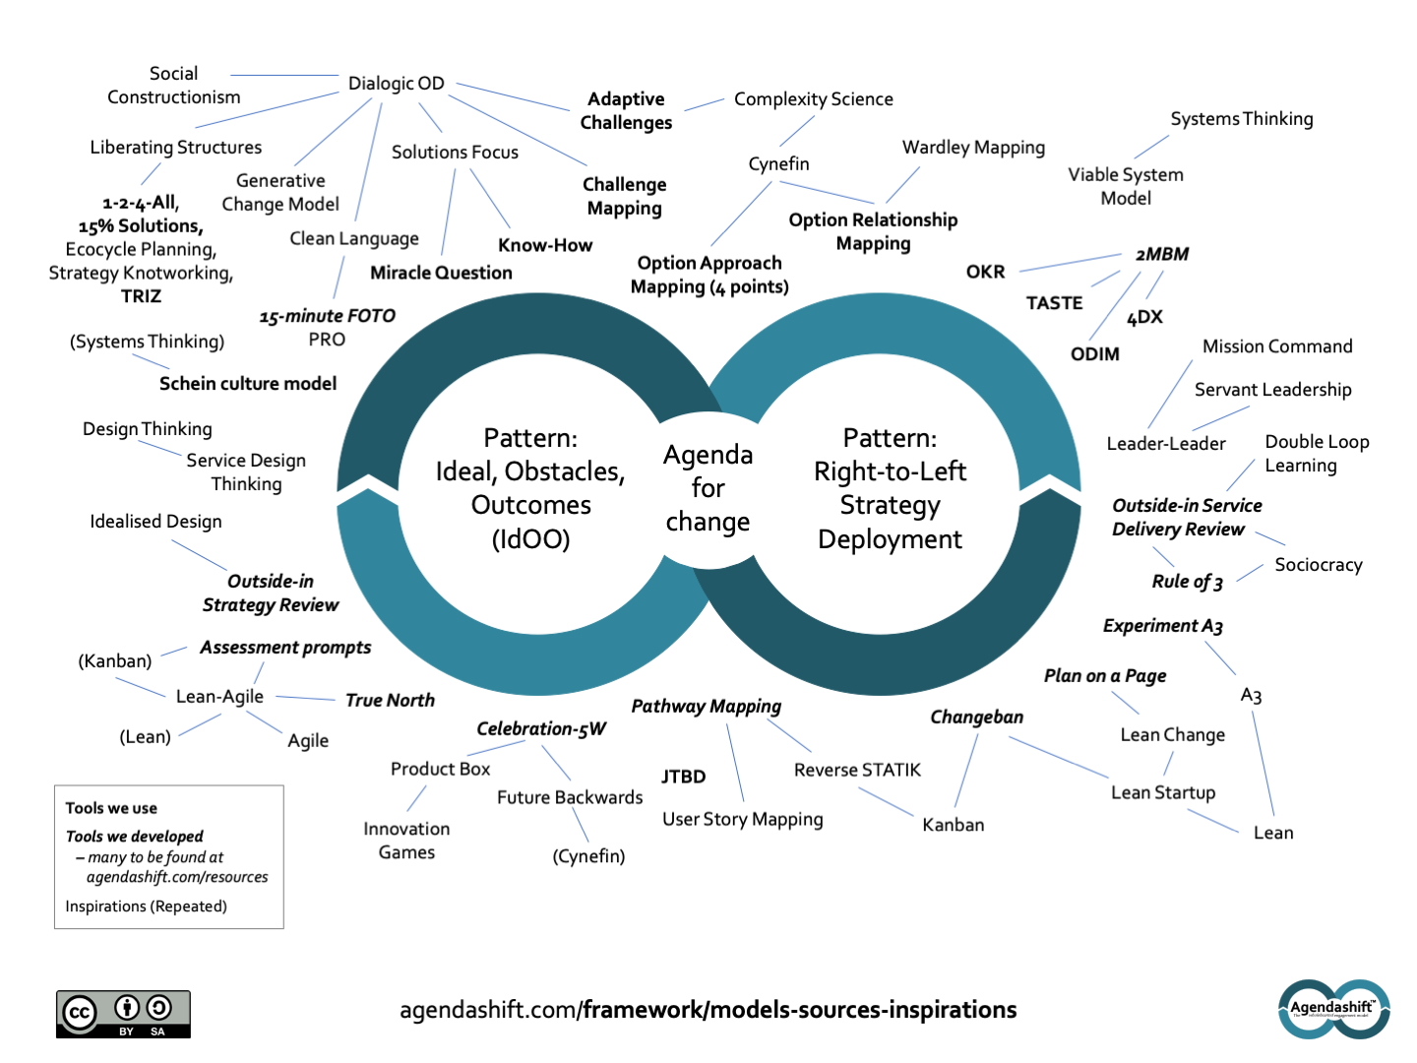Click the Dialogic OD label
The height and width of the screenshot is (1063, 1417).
pos(396,84)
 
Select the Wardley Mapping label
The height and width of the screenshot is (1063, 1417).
pos(973,148)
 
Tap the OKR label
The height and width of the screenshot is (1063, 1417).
pos(985,272)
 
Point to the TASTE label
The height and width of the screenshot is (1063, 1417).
pos(1054,303)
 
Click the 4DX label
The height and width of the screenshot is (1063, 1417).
pos(1144,317)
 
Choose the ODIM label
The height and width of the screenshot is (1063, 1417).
pos(1094,354)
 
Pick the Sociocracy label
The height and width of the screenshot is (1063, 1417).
pos(1318,565)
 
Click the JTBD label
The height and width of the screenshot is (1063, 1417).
pos(683,777)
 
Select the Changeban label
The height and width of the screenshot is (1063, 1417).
pos(976,717)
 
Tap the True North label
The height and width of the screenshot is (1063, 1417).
pos(390,700)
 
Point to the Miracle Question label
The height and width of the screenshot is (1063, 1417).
pos(441,273)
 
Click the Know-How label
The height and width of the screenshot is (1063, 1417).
pos(545,245)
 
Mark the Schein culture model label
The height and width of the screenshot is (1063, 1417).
pos(248,384)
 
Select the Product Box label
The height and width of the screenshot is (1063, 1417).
pos(440,769)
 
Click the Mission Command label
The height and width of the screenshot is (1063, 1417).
pos(1277,346)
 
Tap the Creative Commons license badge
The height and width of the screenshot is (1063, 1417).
pos(123,1014)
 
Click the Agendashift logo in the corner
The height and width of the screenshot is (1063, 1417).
pos(1333,1009)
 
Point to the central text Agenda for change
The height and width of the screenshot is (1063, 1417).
pos(708,488)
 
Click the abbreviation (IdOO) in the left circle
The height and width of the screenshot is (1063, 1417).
pos(530,539)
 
